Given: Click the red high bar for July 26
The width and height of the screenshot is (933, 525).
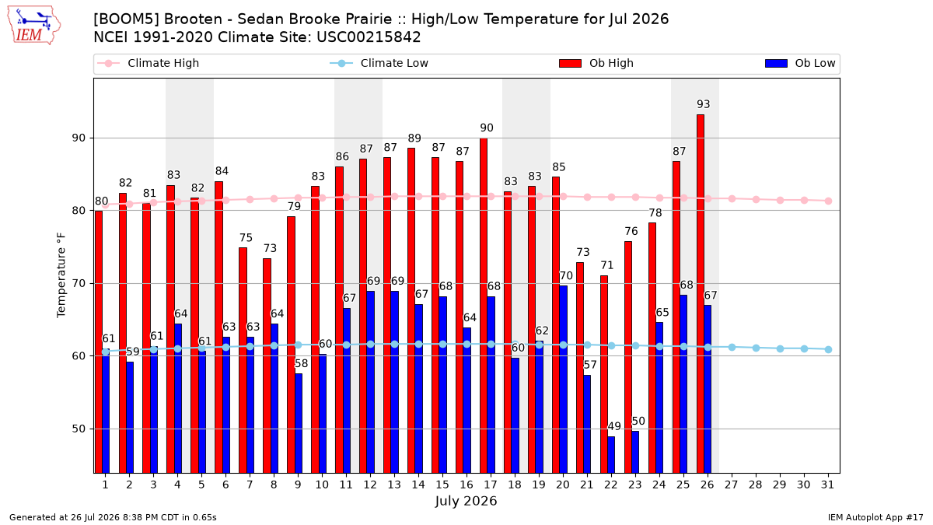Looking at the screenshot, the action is [x=701, y=294].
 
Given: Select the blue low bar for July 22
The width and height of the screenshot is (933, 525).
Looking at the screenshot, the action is [x=611, y=454].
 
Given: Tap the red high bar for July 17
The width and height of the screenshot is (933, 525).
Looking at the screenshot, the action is [x=484, y=306].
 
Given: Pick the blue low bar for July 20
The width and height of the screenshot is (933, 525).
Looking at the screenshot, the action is [x=563, y=380].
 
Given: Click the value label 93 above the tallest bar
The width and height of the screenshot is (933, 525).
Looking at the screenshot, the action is [x=704, y=103].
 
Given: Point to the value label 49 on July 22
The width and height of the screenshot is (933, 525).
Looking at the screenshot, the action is [x=614, y=426].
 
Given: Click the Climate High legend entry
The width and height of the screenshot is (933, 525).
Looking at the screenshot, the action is [x=149, y=63].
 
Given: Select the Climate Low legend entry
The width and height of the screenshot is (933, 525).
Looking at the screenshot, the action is [x=379, y=63].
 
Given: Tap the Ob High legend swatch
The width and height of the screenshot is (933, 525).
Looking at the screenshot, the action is [x=570, y=63].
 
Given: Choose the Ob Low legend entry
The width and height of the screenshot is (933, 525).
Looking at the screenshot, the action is [x=800, y=63].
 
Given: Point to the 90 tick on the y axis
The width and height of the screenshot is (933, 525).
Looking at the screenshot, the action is [x=79, y=138].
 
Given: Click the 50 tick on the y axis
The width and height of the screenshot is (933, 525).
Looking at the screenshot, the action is [x=79, y=429].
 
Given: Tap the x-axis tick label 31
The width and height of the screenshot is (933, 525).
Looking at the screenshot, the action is [x=827, y=485].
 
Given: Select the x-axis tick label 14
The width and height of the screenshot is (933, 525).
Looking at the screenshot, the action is [x=418, y=485].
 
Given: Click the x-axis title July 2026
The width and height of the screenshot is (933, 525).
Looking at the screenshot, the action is [x=466, y=501].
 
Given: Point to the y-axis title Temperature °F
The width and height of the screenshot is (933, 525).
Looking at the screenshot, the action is [x=61, y=275].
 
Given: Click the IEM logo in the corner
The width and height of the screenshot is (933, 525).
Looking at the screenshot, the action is [x=33, y=26].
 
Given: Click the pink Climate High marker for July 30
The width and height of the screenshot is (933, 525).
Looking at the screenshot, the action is [x=804, y=201].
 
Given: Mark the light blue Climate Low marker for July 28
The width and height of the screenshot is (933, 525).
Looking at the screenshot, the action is [x=756, y=348].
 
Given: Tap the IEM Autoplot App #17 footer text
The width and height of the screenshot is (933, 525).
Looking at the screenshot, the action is [x=875, y=517].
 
